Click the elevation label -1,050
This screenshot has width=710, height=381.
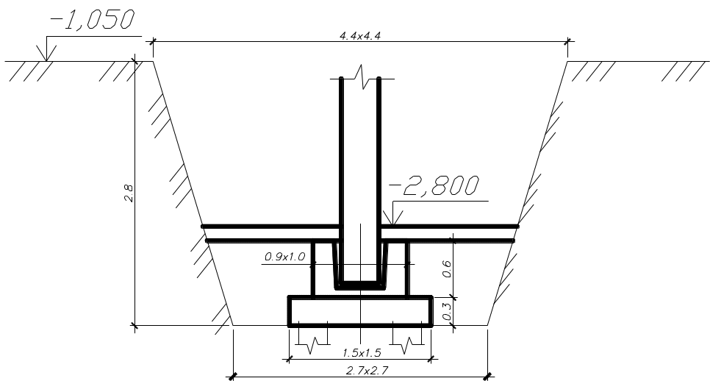(x=92, y=19)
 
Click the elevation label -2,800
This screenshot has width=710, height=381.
(x=434, y=185)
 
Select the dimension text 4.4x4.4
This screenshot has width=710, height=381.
(x=360, y=36)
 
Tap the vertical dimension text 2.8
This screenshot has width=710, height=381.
(x=129, y=193)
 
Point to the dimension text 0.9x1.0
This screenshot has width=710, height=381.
(x=285, y=257)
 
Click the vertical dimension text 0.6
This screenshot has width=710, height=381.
(x=446, y=268)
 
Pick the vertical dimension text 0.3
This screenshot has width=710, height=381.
(x=446, y=311)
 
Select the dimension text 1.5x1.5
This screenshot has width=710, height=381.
(x=362, y=352)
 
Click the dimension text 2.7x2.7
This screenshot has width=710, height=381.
(x=367, y=371)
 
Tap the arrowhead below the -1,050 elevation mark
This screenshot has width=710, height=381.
(x=46, y=54)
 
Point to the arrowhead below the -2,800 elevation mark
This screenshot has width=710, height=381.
(x=393, y=218)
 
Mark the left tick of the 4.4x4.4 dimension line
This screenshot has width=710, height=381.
(x=153, y=42)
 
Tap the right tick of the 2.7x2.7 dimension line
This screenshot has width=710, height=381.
(x=488, y=377)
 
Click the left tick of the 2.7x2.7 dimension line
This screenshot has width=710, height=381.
(x=233, y=377)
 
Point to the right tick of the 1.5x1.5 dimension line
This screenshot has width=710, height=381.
(x=431, y=360)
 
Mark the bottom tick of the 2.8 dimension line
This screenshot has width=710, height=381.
(x=135, y=325)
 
